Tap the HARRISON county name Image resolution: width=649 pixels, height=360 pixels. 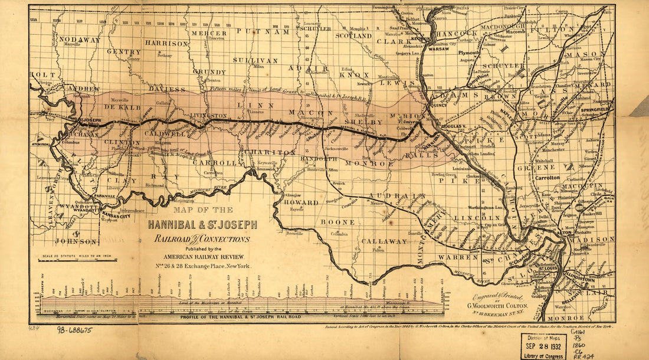coord(166,43)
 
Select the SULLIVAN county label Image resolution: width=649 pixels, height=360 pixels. coord(254,60)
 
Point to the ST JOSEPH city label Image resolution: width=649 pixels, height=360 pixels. coord(90,120)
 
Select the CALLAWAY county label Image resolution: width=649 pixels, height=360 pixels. coord(384,241)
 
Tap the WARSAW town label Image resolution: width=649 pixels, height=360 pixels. coord(438,49)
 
